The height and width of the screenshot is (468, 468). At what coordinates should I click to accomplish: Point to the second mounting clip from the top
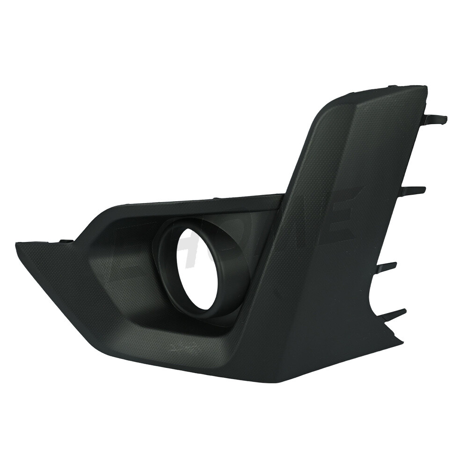417,190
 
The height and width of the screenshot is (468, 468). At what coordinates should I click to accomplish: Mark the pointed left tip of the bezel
18,243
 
